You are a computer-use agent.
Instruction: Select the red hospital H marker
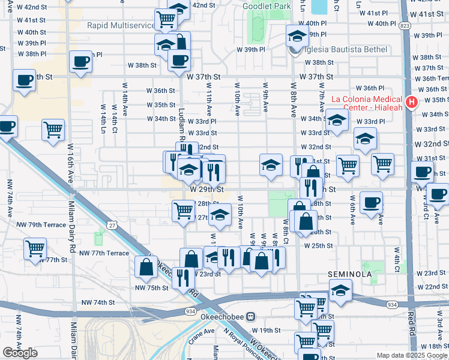(x=411, y=103)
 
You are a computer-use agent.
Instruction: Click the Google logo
(x=20, y=353)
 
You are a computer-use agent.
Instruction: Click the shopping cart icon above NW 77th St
(x=35, y=248)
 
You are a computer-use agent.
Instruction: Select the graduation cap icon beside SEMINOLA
(x=340, y=291)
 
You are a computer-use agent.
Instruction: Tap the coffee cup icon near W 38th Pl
(x=80, y=62)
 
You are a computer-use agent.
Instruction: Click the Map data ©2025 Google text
(x=411, y=355)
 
